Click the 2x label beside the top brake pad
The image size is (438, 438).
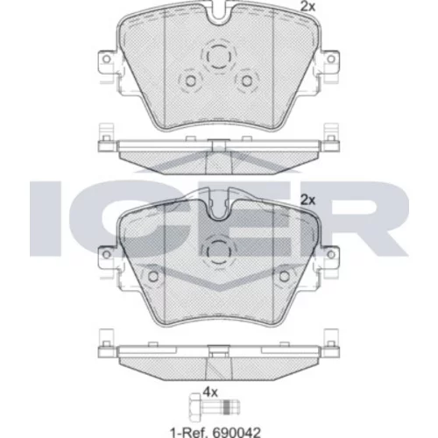coord(308,6)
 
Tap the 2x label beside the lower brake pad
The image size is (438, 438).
coord(308,201)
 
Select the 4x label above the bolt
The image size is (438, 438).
coord(210,392)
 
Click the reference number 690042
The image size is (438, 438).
coord(236,432)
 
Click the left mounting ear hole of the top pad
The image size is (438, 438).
coord(107,60)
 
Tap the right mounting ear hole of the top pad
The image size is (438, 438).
coord(331,60)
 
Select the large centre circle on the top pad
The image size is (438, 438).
coord(219,56)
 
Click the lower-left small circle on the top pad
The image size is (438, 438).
coord(191,81)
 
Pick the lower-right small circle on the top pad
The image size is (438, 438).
coord(247,81)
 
